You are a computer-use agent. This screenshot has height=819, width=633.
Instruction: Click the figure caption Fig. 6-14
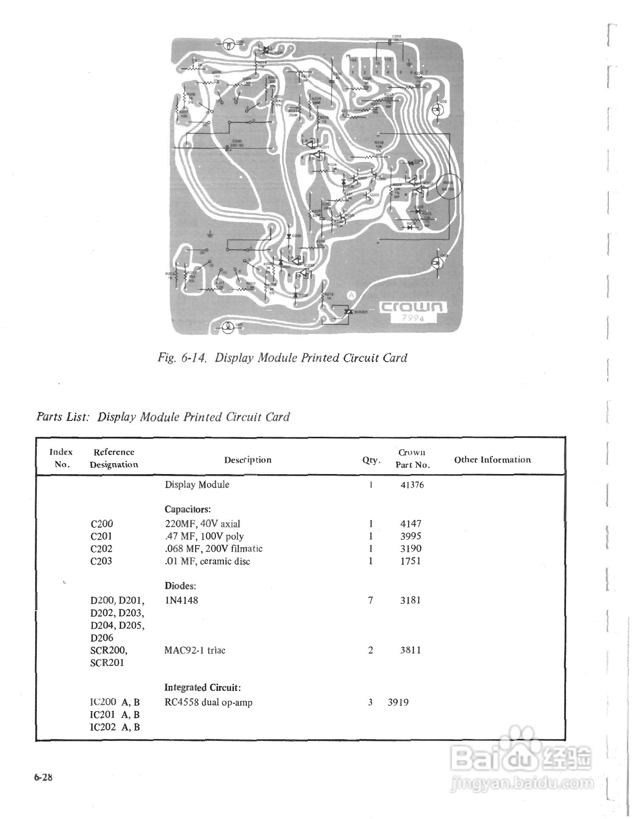coord(282,358)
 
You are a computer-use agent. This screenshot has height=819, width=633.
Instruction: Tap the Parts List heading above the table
coord(163,416)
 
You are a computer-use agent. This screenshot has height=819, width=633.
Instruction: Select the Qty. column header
coord(371,460)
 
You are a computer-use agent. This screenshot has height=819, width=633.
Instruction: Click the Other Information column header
coord(492,460)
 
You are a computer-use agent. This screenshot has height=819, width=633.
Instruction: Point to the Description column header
coord(248,460)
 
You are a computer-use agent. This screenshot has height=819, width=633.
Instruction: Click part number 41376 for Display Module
coord(412,485)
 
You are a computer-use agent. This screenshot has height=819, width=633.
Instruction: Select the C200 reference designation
coord(102,524)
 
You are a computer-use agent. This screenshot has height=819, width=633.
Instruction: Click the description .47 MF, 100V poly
coord(204,536)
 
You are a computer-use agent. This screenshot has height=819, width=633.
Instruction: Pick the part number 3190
coord(411,549)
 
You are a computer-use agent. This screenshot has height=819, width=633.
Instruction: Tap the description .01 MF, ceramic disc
coord(207,561)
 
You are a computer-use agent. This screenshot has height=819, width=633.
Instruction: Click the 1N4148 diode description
coord(181,600)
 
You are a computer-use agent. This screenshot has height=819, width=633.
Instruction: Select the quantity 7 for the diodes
coord(370,600)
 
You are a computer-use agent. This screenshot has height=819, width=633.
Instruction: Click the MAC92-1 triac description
coord(195,651)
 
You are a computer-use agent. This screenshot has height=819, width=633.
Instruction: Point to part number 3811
coord(411,651)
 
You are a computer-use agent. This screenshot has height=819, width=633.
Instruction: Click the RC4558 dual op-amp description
coord(208,703)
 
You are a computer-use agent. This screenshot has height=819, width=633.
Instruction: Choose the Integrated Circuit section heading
coord(203,688)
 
